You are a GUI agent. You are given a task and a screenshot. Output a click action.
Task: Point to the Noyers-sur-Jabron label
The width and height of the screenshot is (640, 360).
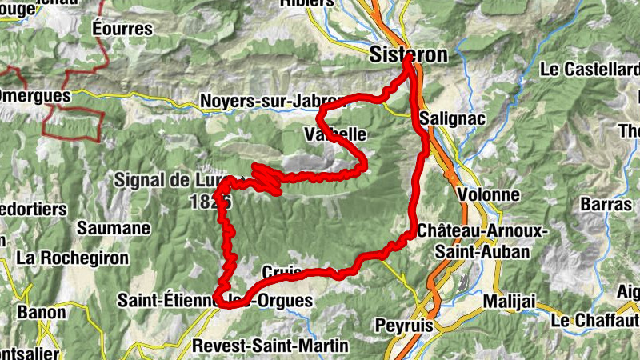coord(267,102)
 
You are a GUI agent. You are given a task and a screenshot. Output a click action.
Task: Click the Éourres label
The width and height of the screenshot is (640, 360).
coord(122,29)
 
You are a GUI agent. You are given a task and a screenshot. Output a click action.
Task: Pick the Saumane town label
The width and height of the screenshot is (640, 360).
coord(114,228)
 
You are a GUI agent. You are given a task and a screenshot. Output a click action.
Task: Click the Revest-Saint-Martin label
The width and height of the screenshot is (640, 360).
coord(271,346)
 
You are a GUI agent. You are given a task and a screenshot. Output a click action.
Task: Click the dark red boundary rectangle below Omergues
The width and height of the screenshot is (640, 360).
coord(73,124)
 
